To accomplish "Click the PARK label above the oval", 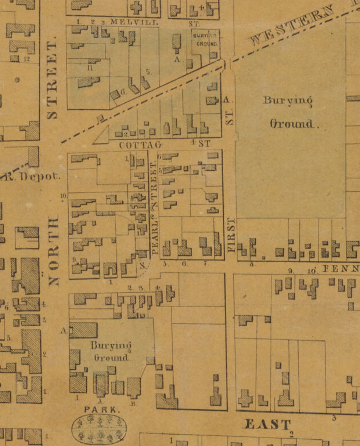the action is (x=102, y=409).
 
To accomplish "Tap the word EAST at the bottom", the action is (x=267, y=425).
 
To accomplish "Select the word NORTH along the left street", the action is (x=54, y=251).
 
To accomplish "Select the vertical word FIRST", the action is (x=231, y=235).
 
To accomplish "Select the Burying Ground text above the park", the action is (x=111, y=351).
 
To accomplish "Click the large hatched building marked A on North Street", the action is (x=84, y=330).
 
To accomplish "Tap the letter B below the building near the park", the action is (x=134, y=404).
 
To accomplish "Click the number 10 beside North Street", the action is (x=64, y=196).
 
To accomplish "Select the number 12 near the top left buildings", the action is (x=27, y=59).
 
